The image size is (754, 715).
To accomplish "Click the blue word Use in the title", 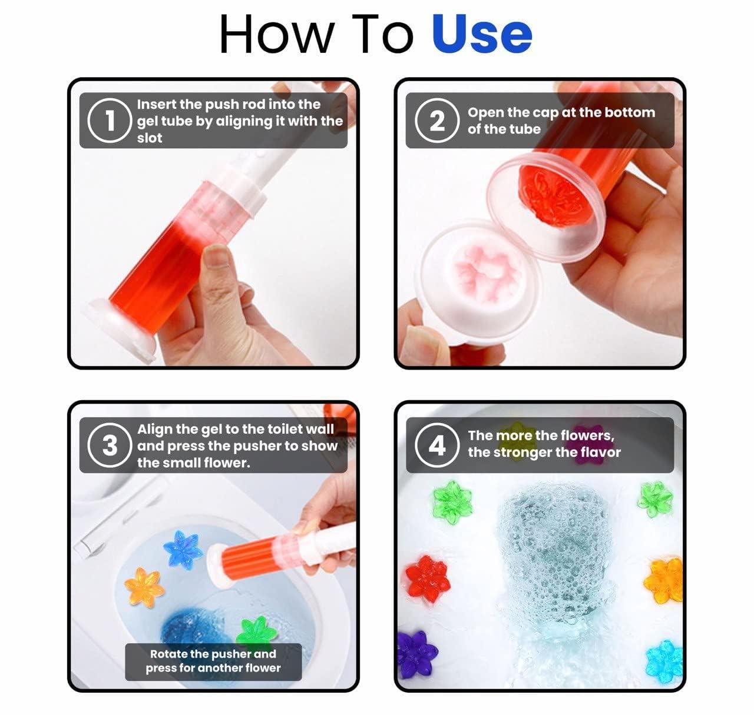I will [481, 34].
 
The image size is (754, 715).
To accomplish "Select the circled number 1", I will [109, 121].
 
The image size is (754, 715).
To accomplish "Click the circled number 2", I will [436, 121].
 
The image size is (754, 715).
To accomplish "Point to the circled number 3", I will [109, 445].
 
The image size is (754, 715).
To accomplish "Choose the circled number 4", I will [436, 445].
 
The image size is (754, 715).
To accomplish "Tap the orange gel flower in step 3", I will [144, 586].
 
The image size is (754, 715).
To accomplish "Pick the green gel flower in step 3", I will [257, 632].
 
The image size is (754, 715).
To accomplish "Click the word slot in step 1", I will [149, 138].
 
